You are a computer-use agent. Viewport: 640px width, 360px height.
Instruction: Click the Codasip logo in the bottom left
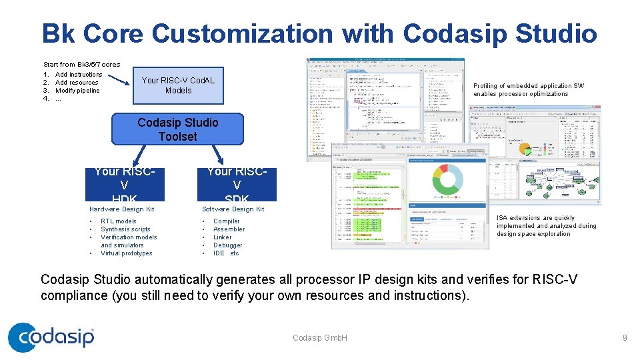51,337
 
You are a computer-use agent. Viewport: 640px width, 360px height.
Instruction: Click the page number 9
625,338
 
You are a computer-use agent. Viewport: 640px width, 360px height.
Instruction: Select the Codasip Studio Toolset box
177,129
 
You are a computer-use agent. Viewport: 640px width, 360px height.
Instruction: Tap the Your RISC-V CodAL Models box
178,85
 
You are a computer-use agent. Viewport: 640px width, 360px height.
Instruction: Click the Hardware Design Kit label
121,209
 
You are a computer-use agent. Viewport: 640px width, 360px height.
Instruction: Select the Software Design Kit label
233,209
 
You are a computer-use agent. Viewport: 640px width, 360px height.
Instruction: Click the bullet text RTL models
118,221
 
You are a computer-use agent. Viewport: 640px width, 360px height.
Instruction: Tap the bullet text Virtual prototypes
126,253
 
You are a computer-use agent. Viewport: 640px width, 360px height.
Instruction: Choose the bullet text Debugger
227,245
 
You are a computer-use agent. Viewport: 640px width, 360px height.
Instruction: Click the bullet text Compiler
226,221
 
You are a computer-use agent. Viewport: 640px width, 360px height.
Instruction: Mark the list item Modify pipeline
77,91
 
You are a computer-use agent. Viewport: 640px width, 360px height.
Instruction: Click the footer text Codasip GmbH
320,338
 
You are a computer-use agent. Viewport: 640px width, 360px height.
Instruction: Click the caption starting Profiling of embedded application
529,90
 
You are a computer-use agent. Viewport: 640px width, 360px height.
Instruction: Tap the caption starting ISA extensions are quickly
546,226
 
